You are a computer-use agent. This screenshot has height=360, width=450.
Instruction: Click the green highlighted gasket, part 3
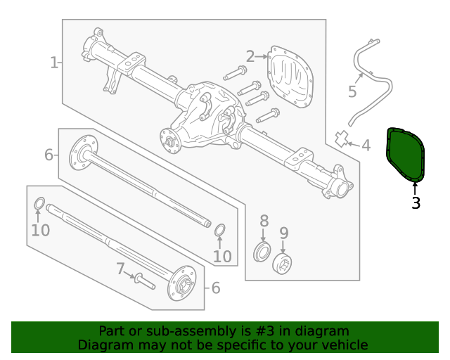click(406, 154)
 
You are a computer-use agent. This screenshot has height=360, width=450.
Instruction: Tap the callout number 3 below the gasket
click(416, 204)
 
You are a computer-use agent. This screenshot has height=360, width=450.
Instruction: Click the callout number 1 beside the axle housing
click(53, 63)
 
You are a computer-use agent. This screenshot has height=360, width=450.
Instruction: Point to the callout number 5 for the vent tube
click(352, 92)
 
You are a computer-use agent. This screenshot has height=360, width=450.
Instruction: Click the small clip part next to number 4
click(342, 138)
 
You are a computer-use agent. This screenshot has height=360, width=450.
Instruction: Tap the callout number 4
click(366, 146)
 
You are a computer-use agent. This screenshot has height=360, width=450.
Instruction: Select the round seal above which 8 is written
click(262, 252)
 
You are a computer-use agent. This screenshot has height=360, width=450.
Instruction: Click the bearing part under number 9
click(282, 264)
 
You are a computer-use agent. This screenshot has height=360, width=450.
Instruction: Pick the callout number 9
click(284, 233)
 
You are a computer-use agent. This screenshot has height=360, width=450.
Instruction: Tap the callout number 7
click(120, 269)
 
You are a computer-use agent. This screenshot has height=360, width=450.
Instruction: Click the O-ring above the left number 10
click(40, 205)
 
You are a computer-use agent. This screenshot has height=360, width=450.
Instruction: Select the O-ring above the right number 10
click(220, 231)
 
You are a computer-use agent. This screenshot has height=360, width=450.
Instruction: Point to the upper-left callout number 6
click(49, 155)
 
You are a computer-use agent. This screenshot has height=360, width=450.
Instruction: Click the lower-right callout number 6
click(215, 288)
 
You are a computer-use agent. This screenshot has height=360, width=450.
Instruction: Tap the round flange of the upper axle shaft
click(82, 155)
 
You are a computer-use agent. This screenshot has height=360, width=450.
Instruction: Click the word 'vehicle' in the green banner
click(342, 345)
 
